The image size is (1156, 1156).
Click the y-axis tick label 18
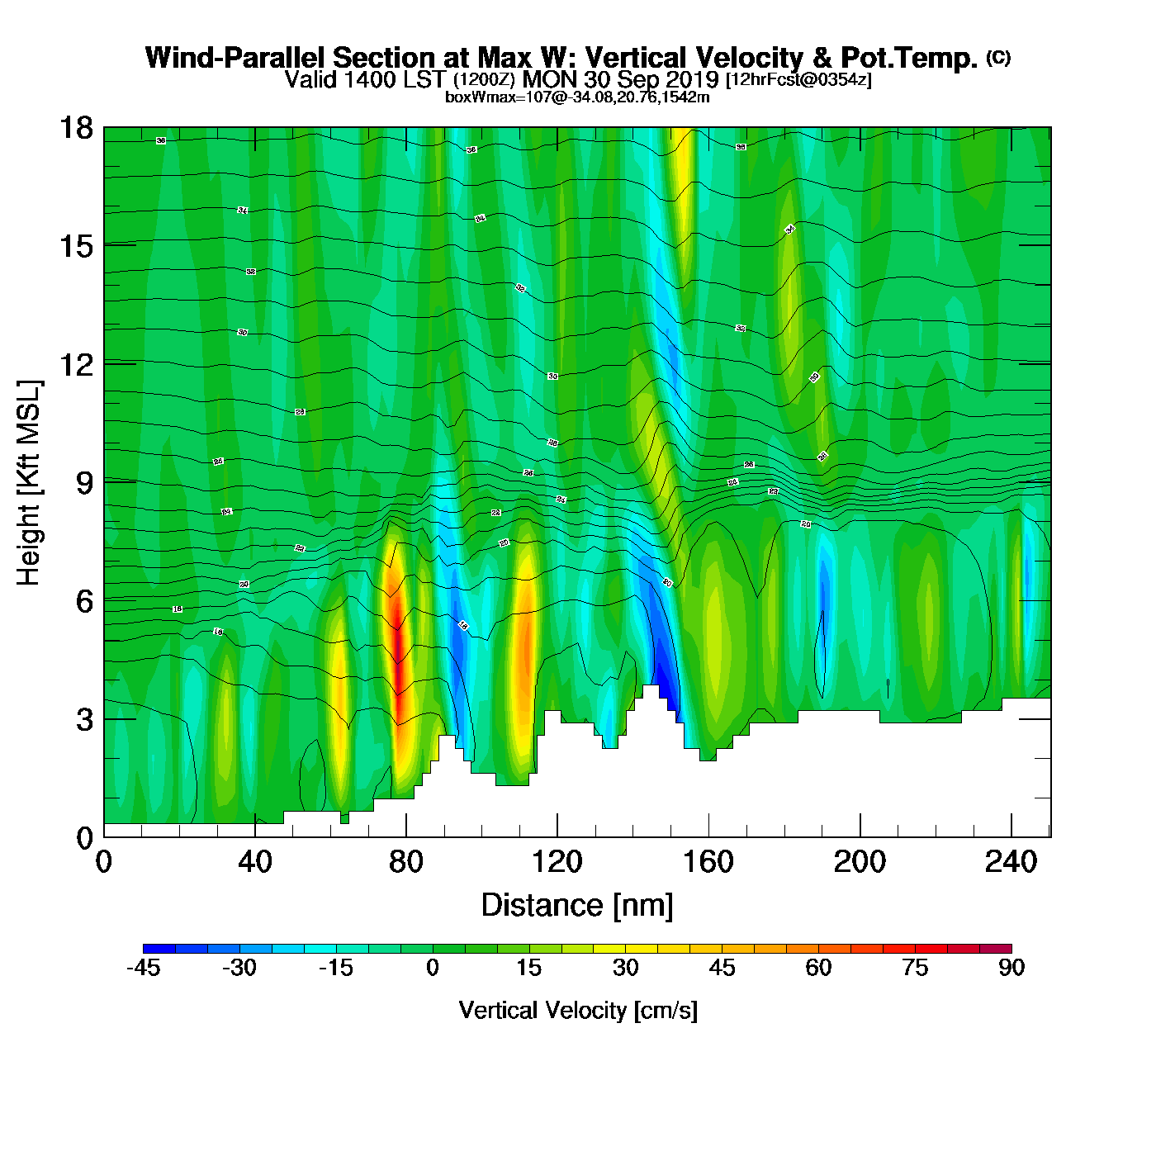[75, 128]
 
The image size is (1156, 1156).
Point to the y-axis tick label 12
[75, 364]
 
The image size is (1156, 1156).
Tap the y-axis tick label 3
[84, 719]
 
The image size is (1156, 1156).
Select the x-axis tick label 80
[406, 862]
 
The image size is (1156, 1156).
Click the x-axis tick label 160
[708, 862]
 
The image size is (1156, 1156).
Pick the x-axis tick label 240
[1011, 862]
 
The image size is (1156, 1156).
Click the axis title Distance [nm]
[577, 905]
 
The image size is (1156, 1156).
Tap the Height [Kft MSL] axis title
[29, 483]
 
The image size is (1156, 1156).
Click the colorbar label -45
[143, 968]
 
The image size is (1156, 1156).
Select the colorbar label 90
[1011, 968]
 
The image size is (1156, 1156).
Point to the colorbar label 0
[433, 968]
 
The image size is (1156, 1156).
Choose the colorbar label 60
[818, 968]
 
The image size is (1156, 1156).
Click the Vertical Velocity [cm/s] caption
[578, 1010]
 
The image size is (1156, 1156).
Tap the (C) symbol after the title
[998, 57]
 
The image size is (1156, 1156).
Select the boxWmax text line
[577, 97]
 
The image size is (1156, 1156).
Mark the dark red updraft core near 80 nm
[398, 652]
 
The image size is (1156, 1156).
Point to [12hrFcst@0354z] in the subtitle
[798, 79]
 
